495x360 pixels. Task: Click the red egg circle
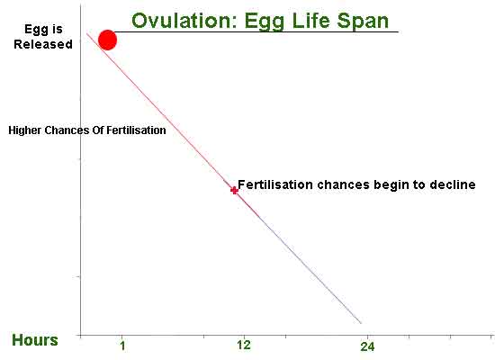(107, 40)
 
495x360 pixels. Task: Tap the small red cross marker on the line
(234, 190)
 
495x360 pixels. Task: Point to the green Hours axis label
(35, 340)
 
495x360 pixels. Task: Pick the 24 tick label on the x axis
(366, 346)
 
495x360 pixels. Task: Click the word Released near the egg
(43, 44)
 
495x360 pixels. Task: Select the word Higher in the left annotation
(26, 130)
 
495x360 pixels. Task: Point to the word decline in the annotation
(453, 185)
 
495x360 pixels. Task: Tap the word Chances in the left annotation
(68, 130)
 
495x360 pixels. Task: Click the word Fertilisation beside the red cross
(274, 185)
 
